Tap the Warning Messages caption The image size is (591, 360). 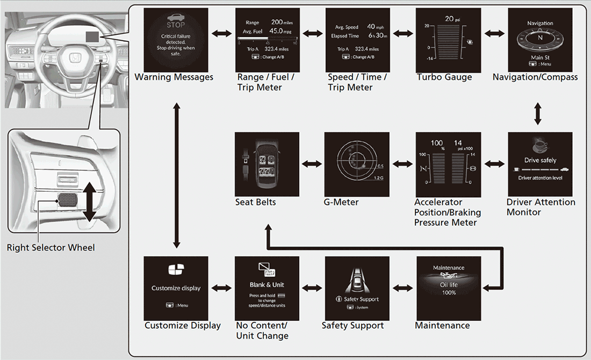[x=174, y=77]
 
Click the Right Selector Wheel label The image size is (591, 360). [x=51, y=248]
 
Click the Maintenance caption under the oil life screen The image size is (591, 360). [x=442, y=325]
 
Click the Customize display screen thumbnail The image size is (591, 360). [x=176, y=289]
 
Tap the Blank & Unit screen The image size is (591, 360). [x=267, y=289]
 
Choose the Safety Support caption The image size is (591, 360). [x=352, y=325]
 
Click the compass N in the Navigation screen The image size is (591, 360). [x=539, y=39]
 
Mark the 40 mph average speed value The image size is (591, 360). [x=371, y=26]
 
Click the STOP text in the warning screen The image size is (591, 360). [x=176, y=25]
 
